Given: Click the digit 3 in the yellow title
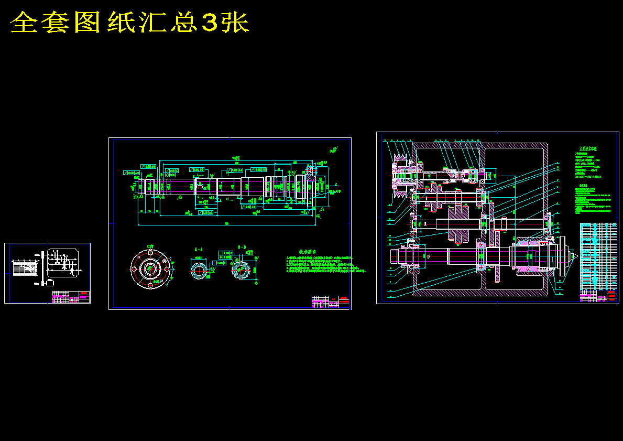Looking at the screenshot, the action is coord(209,23).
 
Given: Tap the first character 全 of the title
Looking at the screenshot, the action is coord(25,23).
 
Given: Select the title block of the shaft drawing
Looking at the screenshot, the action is coord(331,302).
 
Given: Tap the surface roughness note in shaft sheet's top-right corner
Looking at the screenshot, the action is coord(333,149).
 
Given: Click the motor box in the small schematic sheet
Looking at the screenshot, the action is coord(50,283).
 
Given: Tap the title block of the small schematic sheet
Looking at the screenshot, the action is coord(71,297).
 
